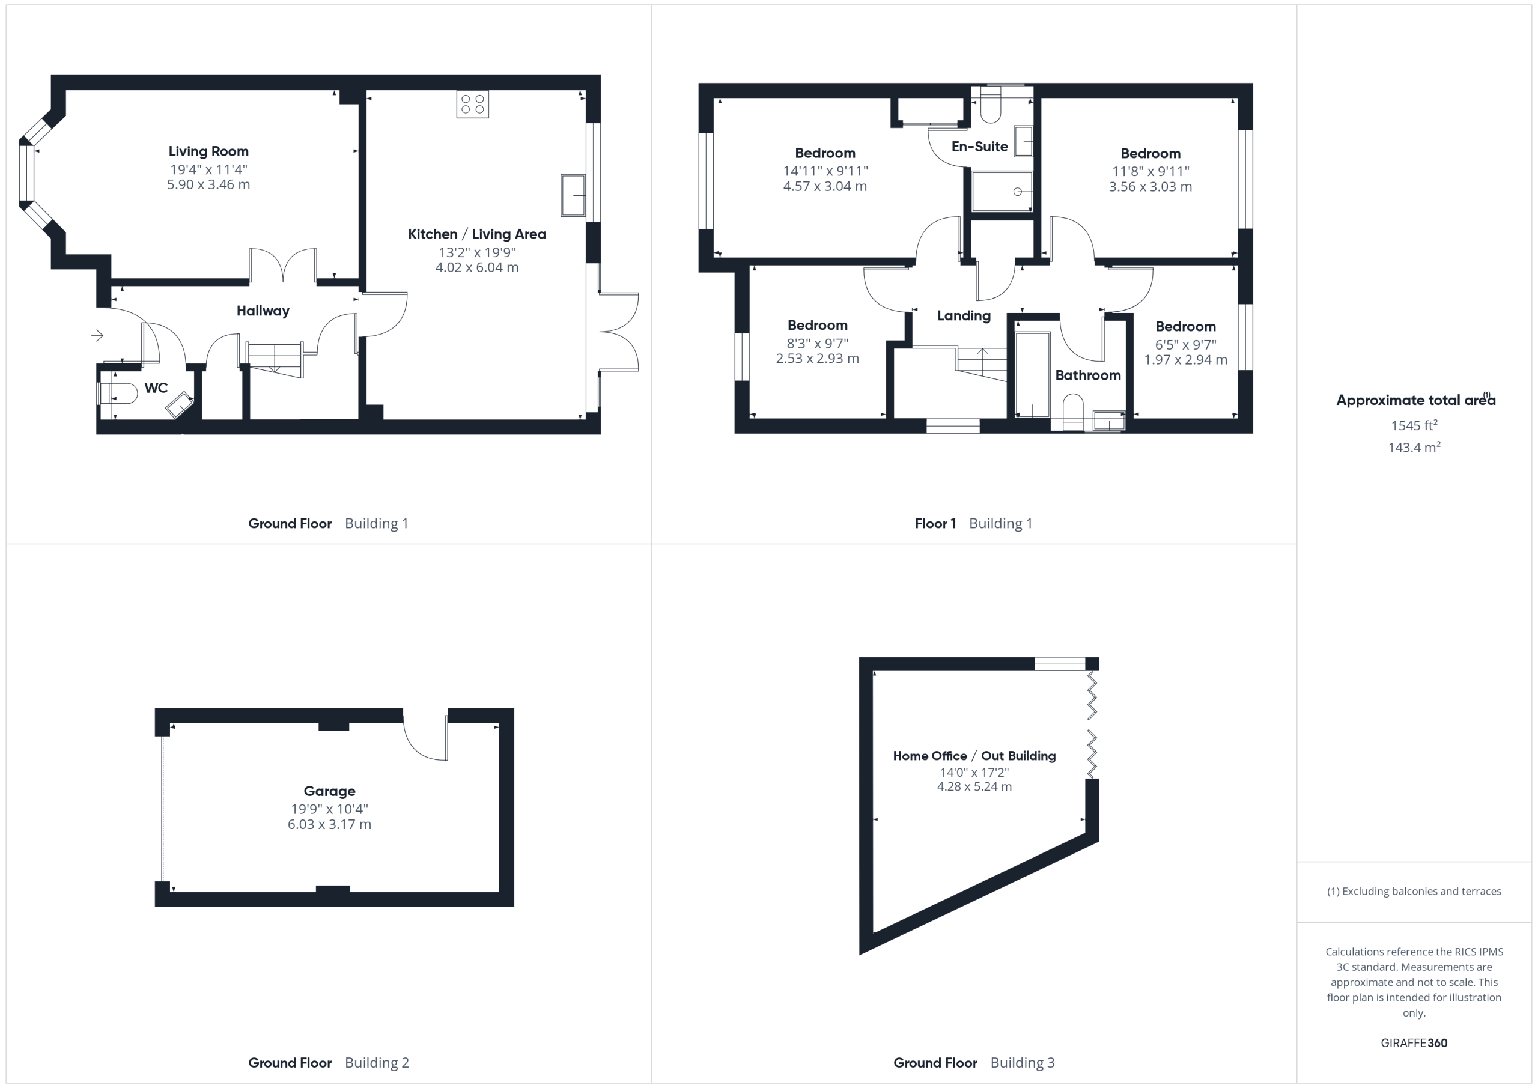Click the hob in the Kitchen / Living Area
(472, 104)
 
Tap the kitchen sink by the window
(573, 195)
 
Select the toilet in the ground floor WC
(118, 394)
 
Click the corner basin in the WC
(179, 405)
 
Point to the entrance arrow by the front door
(98, 335)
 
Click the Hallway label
(263, 311)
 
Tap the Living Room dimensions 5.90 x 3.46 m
(208, 185)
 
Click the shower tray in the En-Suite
(1002, 192)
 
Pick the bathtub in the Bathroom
(1032, 375)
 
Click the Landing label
(964, 315)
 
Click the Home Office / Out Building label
(974, 756)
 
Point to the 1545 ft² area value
(1414, 425)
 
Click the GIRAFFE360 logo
(1414, 1042)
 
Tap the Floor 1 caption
(935, 523)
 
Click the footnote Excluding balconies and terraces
(1414, 891)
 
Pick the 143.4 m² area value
(1414, 447)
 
